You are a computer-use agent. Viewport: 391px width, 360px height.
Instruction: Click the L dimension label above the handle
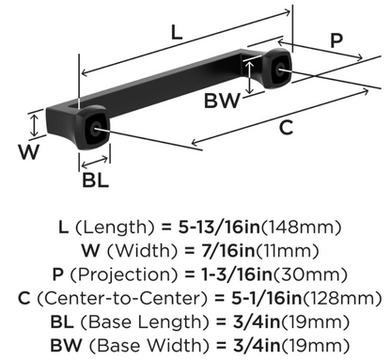click(177, 32)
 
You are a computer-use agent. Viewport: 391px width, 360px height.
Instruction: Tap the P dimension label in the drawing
click(336, 40)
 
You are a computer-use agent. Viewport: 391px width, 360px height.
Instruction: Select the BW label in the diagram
click(222, 101)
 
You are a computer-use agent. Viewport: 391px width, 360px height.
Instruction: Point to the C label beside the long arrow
click(286, 127)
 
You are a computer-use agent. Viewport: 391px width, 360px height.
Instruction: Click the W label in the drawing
click(29, 151)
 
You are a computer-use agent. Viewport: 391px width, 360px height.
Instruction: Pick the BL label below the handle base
click(95, 180)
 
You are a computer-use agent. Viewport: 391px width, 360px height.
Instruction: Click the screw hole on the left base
click(94, 130)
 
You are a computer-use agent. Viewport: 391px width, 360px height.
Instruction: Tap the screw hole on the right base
click(278, 69)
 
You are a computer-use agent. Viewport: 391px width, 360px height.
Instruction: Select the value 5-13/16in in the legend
click(219, 227)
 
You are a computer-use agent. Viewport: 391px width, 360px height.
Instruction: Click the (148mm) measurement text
click(300, 227)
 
